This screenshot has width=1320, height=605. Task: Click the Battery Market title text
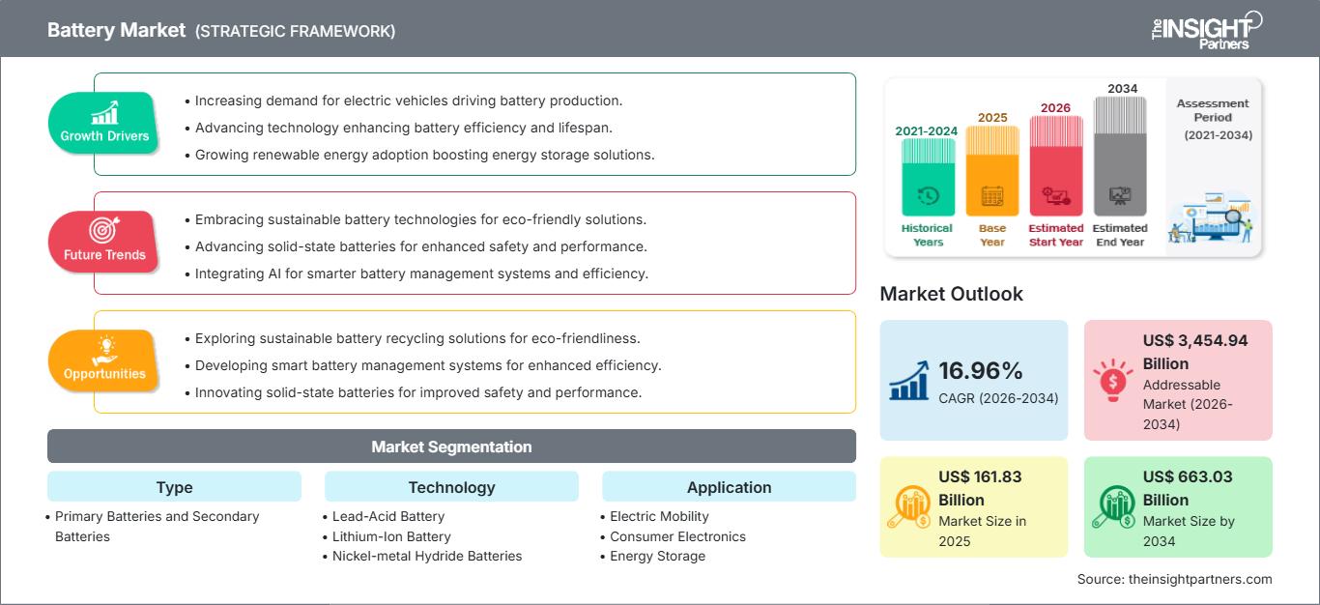point(116,30)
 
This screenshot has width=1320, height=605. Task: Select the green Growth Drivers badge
point(104,123)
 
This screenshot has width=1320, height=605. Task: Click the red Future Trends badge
point(104,242)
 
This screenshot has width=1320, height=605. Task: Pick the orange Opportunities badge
point(104,360)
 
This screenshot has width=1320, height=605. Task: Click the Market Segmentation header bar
point(451,447)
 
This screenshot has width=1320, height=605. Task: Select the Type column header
point(174,487)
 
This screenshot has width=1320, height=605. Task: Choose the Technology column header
point(451,487)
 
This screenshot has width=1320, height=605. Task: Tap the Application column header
point(729,487)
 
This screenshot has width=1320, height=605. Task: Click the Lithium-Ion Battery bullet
point(391,536)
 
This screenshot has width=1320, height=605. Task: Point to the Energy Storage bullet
point(657,556)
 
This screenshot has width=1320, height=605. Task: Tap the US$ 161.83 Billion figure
point(980,488)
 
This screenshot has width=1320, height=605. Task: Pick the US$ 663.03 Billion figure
point(1188,488)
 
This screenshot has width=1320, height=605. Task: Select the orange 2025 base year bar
point(991,171)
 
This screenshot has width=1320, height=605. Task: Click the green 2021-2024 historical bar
point(928,177)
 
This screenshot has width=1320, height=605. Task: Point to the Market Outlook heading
point(951,294)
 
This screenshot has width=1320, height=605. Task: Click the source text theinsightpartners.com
point(1175,579)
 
